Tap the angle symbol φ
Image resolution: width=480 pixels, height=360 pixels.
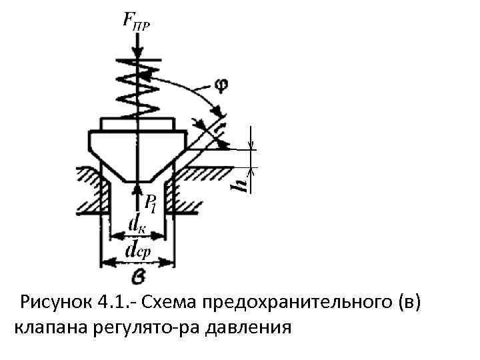click(x=221, y=86)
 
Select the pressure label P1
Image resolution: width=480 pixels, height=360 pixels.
click(x=151, y=204)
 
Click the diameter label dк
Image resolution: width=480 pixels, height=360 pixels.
click(x=137, y=223)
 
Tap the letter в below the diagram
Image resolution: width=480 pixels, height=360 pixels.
click(x=137, y=275)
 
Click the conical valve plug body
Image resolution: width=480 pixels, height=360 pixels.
click(x=136, y=150)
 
